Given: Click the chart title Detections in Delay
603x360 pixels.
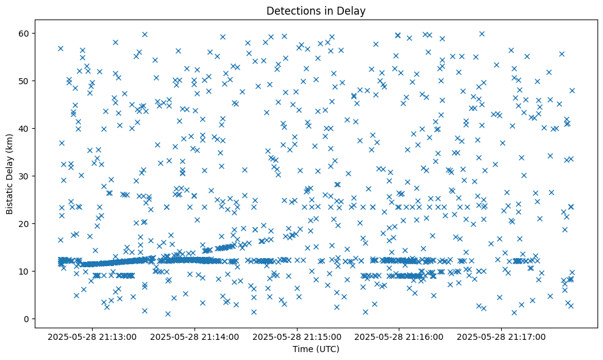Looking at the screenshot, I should point(316,10).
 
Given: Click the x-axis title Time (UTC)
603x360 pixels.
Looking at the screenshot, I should point(316,349).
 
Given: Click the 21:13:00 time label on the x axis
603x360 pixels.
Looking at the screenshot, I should point(93,336).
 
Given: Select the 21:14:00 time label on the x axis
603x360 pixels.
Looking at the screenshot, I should point(195,336).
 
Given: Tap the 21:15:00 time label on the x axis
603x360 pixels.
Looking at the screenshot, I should point(298,336).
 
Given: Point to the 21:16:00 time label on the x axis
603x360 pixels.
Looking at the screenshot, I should point(400,336).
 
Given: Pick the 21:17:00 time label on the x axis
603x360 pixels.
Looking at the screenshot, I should point(502,336).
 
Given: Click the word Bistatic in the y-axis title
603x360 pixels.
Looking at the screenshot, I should point(10,196).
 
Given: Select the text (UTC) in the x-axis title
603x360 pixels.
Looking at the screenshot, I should point(327,349).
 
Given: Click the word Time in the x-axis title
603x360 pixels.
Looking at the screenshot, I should point(303,349).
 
